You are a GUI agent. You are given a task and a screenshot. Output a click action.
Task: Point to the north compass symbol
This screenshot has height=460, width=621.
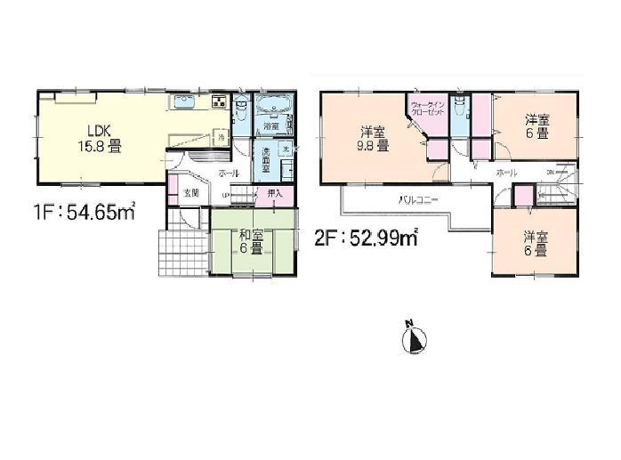click(x=415, y=338)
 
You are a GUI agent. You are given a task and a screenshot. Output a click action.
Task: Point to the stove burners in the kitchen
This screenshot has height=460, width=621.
click(x=219, y=101)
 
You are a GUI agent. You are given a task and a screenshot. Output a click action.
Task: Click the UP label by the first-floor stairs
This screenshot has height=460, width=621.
click(x=226, y=194)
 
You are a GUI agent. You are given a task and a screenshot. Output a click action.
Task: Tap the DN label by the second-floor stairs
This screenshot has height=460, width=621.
click(x=550, y=171)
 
